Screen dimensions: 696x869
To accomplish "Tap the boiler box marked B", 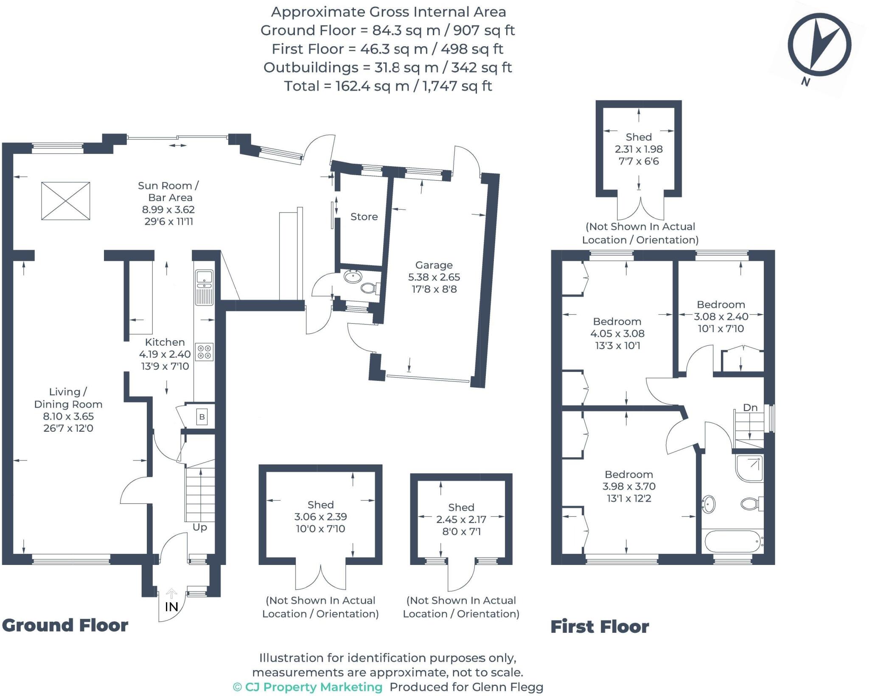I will (x=202, y=417).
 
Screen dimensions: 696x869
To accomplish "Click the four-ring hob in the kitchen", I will (x=204, y=352).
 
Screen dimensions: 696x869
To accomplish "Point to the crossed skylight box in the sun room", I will (x=66, y=201).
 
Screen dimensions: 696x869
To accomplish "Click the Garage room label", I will (x=434, y=266).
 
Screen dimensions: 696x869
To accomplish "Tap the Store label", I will (x=364, y=217).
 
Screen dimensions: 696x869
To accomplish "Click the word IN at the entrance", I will (x=171, y=607).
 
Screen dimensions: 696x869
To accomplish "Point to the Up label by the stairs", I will (x=200, y=527).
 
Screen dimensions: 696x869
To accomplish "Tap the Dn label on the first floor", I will (x=750, y=408).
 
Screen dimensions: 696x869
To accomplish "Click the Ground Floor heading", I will (x=65, y=626).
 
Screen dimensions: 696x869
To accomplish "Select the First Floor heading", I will (x=600, y=627).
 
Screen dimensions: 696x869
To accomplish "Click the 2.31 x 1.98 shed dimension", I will (x=639, y=149).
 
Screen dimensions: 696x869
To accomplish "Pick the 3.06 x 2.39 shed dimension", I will (x=320, y=517).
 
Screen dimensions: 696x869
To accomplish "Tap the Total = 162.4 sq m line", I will (x=388, y=86).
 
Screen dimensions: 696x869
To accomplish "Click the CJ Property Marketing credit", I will (x=308, y=687).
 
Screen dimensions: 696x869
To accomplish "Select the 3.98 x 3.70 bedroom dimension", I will (x=629, y=486).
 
